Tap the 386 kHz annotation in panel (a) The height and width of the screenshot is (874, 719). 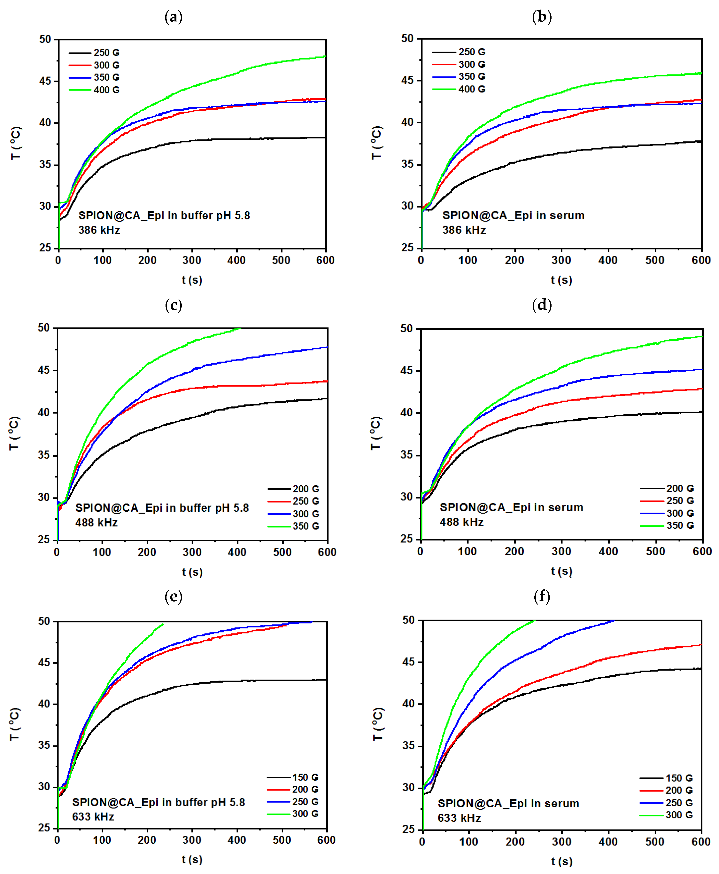(x=99, y=230)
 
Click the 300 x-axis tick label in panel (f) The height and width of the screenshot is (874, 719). (x=562, y=842)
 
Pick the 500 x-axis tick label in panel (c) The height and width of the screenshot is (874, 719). (x=282, y=552)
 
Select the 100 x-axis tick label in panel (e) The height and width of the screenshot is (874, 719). (x=102, y=840)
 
